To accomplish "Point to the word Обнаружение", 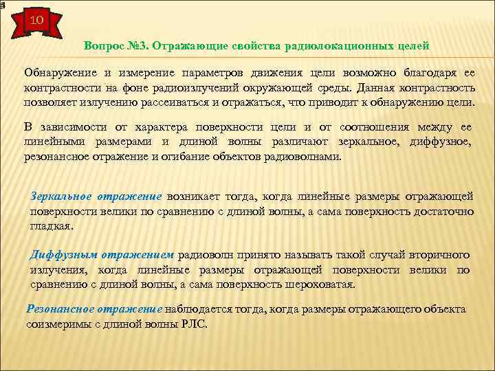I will click(x=58, y=73).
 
